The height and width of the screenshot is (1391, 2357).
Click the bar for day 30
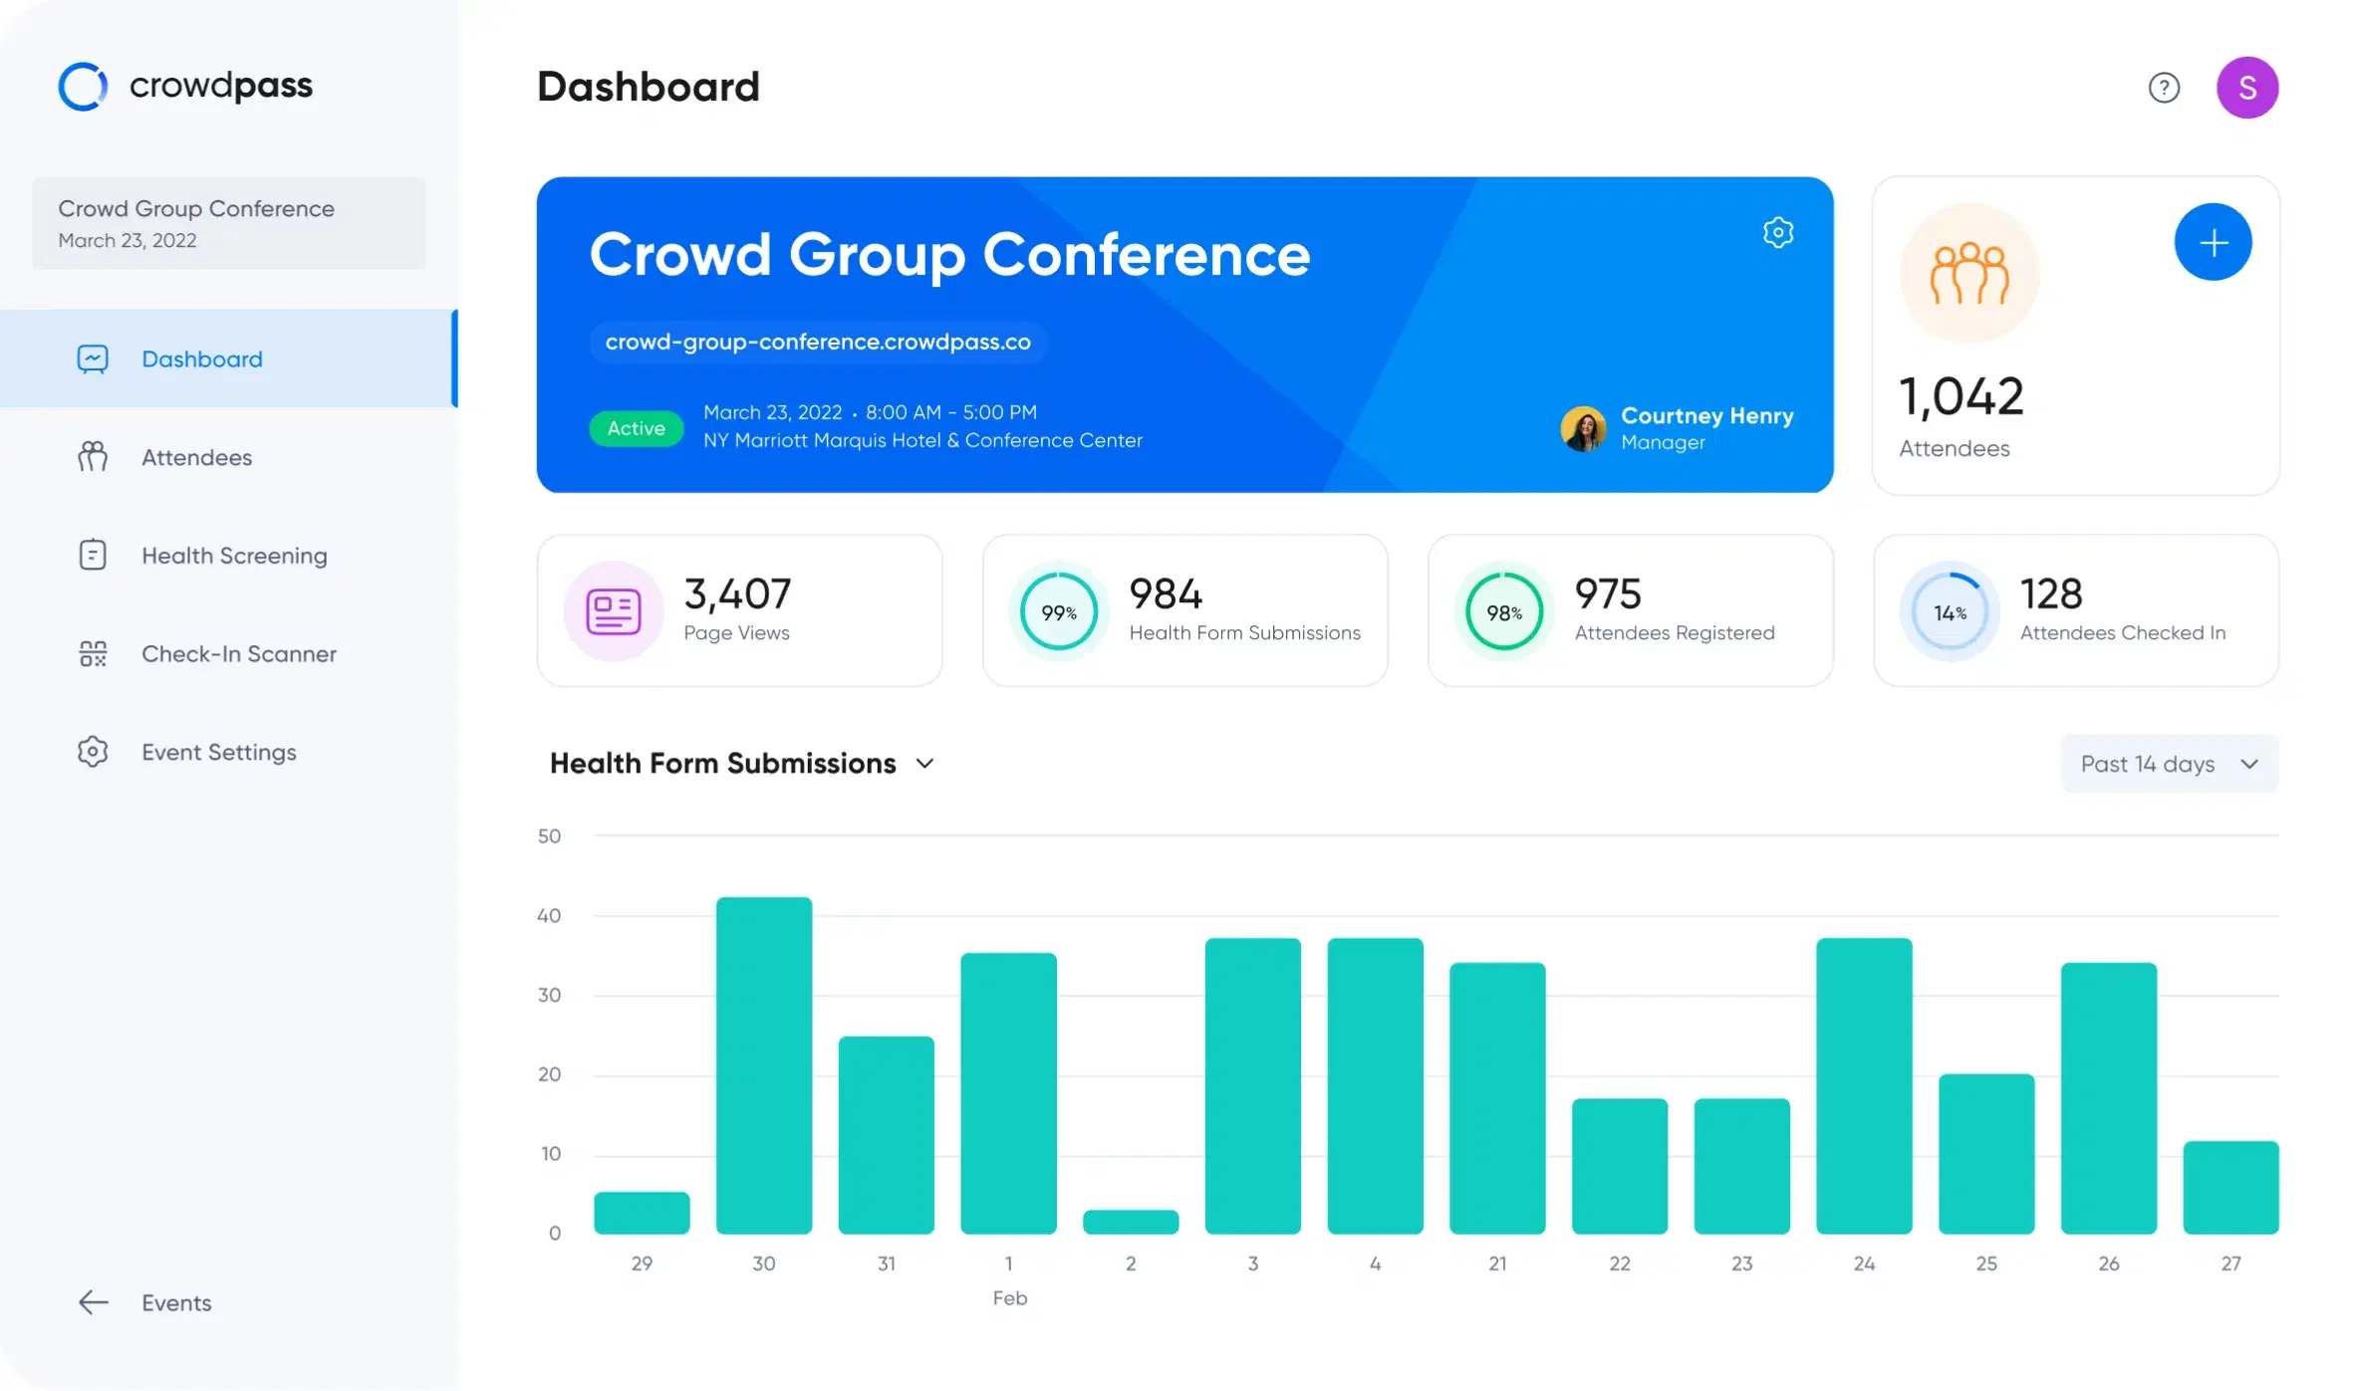[763, 1064]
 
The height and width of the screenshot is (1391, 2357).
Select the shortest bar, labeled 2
[1130, 1221]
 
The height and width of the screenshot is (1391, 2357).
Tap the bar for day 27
[2229, 1187]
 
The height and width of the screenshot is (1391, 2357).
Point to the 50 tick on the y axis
[549, 836]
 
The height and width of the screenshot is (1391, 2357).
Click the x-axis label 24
[1863, 1264]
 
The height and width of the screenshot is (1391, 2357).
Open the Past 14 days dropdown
[2169, 764]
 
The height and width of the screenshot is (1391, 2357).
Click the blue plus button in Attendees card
[2213, 243]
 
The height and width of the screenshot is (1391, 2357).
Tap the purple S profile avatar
[2246, 88]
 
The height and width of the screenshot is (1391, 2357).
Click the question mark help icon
[2164, 88]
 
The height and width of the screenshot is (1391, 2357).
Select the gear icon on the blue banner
[1777, 233]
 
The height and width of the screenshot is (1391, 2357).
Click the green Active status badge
[636, 428]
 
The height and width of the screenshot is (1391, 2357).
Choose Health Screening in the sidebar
[233, 556]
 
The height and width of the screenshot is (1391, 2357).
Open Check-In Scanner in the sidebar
[238, 654]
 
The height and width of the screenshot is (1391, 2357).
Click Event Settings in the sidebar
[218, 753]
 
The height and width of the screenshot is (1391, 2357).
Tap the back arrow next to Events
[94, 1302]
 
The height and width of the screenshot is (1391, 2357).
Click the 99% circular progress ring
[1058, 612]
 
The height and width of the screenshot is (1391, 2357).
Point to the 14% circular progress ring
[1950, 612]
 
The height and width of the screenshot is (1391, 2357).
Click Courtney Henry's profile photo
[1583, 429]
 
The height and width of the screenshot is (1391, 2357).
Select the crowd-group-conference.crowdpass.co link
[817, 343]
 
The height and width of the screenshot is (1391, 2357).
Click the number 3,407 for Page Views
[737, 594]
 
